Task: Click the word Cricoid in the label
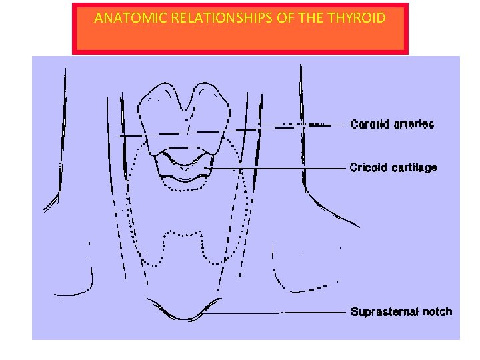pyautogui.click(x=368, y=167)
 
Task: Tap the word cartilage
pyautogui.click(x=414, y=167)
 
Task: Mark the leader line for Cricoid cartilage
pyautogui.click(x=280, y=169)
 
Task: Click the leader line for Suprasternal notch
pyautogui.click(x=280, y=312)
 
